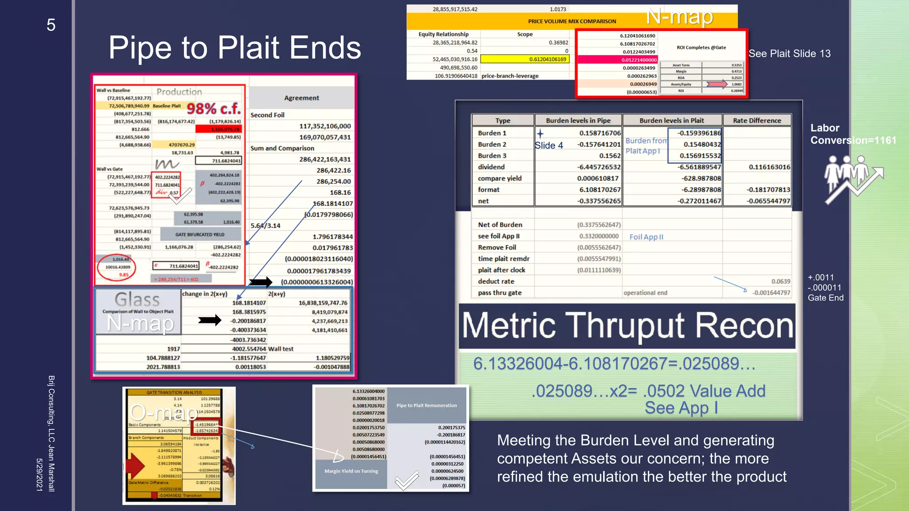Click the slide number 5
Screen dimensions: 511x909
[x=51, y=25]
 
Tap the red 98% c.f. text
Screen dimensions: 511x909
[x=213, y=108]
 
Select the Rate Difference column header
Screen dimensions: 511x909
[x=757, y=121]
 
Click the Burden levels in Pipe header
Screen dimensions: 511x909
[x=578, y=121]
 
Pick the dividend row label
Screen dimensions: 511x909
[x=491, y=167]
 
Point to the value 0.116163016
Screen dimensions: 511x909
[x=769, y=167]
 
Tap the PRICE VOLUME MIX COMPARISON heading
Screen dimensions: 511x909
[x=572, y=21]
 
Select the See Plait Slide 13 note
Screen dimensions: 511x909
[x=789, y=54]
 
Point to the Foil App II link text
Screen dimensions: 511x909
[x=646, y=237]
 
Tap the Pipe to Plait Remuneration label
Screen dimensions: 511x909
[x=426, y=405]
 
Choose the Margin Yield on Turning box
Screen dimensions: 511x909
[x=351, y=471]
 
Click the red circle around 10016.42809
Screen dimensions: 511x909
[x=117, y=267]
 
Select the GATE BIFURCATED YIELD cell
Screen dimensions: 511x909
[x=200, y=235]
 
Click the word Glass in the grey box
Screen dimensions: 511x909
[x=137, y=300]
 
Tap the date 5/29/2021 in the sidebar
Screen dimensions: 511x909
[x=40, y=475]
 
